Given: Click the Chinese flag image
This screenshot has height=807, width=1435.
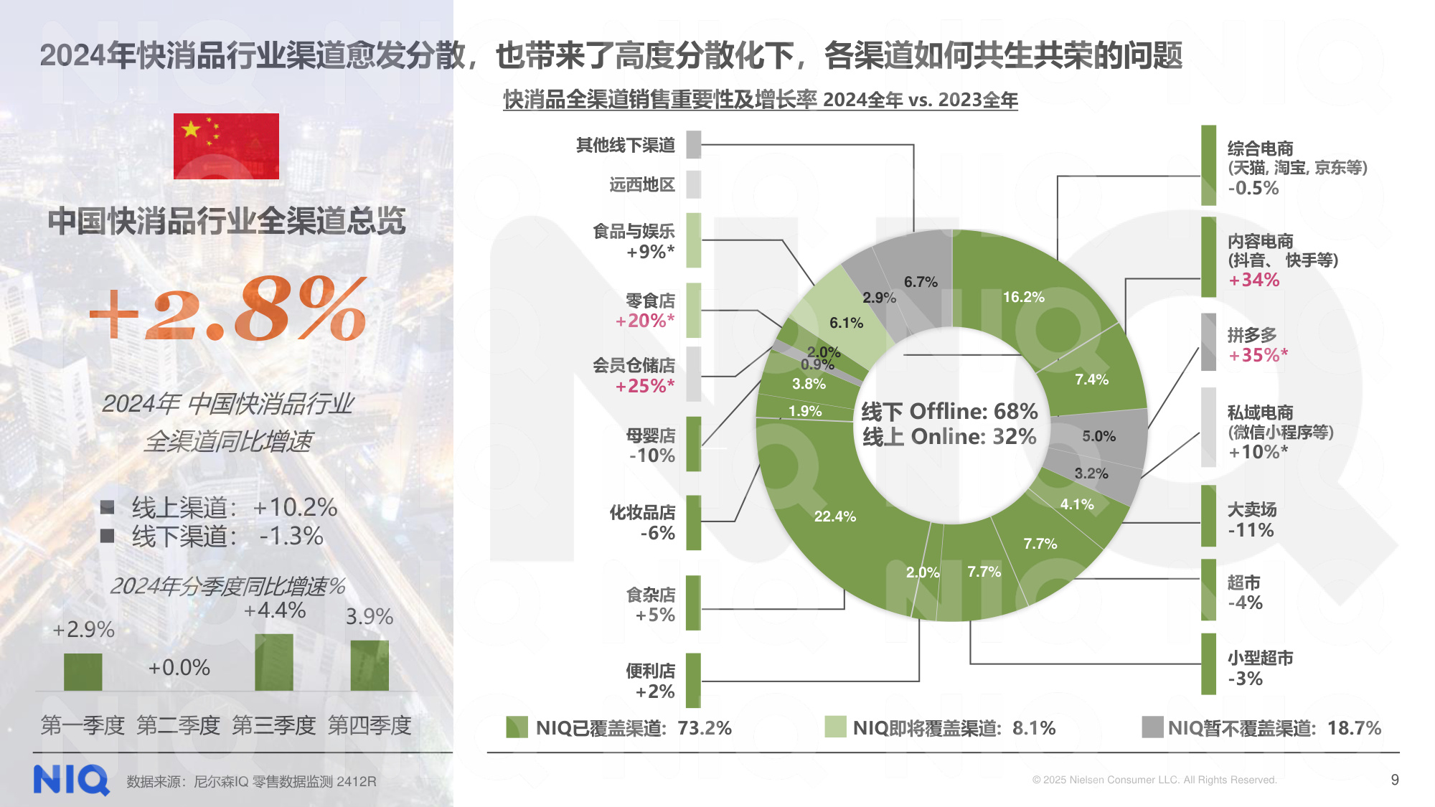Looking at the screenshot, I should pyautogui.click(x=226, y=146).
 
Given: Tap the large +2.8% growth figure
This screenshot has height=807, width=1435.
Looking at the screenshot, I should pyautogui.click(x=228, y=310).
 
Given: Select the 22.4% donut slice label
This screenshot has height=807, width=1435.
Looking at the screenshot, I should pyautogui.click(x=834, y=516).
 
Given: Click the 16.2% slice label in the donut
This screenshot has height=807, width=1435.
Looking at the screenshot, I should pyautogui.click(x=1023, y=297).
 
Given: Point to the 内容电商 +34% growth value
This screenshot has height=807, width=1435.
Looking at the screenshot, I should pyautogui.click(x=1253, y=280).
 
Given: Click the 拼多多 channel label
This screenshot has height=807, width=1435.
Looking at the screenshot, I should pyautogui.click(x=1252, y=335).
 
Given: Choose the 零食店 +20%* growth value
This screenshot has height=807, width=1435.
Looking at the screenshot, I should pyautogui.click(x=644, y=321).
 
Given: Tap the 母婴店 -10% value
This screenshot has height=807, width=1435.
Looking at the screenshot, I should pyautogui.click(x=651, y=456).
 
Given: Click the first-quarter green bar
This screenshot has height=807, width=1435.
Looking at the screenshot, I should pyautogui.click(x=83, y=672).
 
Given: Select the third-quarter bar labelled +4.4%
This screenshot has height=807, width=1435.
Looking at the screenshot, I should pyautogui.click(x=274, y=662).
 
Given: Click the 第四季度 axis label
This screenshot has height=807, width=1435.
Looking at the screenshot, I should pyautogui.click(x=370, y=725).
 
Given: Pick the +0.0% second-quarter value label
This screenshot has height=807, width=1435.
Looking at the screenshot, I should pyautogui.click(x=179, y=668).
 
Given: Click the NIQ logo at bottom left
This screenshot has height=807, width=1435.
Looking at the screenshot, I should pyautogui.click(x=71, y=780).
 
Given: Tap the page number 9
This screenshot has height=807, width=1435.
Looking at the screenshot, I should pyautogui.click(x=1394, y=780).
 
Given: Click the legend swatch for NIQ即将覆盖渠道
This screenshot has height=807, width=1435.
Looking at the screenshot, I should pyautogui.click(x=835, y=727).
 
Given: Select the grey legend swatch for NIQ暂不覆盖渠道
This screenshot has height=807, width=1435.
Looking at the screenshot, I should pyautogui.click(x=1152, y=727).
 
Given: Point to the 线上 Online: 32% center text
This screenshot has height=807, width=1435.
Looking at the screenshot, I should pyautogui.click(x=949, y=437).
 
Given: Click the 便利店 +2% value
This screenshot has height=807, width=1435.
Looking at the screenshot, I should pyautogui.click(x=654, y=692).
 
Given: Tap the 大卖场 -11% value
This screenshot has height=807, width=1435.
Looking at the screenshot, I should pyautogui.click(x=1250, y=531).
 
